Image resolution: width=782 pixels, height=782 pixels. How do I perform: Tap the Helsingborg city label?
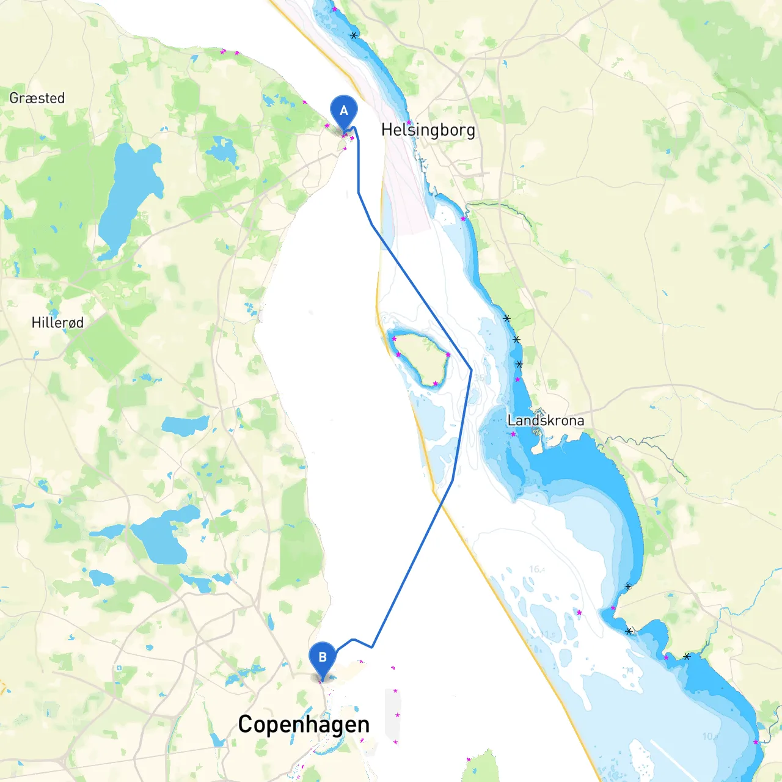coord(428,130)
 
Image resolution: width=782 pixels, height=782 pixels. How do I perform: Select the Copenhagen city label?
coord(304,725)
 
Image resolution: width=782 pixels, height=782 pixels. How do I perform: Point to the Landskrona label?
coord(546,420)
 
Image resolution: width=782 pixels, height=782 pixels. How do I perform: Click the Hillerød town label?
coord(57,323)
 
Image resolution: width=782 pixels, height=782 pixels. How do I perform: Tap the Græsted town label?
coord(37,98)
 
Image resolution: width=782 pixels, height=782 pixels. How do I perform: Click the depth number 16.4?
coord(537,569)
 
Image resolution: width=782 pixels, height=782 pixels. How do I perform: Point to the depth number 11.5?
coord(548,635)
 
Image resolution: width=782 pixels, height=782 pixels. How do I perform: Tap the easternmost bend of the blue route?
coord(471,369)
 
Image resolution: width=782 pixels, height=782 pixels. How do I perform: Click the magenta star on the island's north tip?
coord(394,338)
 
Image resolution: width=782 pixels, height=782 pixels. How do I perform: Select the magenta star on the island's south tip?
coord(435,384)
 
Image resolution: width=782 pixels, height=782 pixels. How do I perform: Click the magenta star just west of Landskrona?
coord(513,434)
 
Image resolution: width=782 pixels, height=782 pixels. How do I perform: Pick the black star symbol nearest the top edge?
coord(354,35)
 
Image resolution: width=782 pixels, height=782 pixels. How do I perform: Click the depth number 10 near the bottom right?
coord(709,736)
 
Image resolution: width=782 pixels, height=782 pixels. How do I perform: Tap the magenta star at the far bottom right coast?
coord(756,742)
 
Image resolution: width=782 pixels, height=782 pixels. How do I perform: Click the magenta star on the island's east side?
coord(448,355)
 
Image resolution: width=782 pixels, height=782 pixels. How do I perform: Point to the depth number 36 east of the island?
coord(480,378)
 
